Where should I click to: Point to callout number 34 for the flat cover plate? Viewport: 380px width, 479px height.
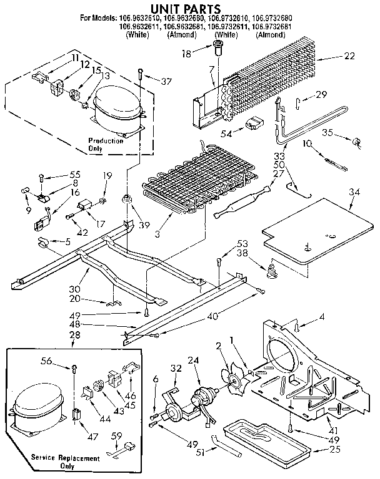pos(354,191)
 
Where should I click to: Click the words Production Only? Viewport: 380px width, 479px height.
pos(105,145)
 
